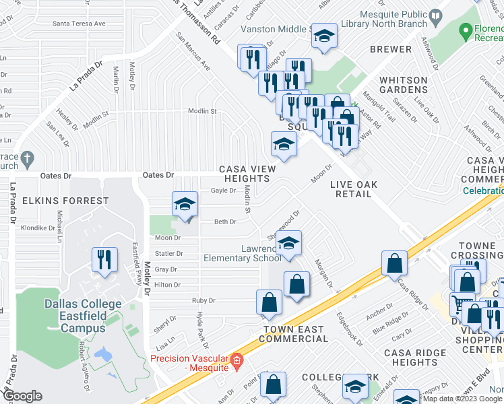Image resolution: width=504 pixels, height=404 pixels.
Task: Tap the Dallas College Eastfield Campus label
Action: click(x=75, y=315)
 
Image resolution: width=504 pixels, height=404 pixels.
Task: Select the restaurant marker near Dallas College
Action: click(x=104, y=259)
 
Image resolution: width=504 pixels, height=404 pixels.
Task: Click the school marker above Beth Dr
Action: click(x=184, y=205)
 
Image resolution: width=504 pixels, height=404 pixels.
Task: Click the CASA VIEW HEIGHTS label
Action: click(x=244, y=174)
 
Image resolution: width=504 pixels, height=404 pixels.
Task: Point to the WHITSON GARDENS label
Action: click(x=403, y=85)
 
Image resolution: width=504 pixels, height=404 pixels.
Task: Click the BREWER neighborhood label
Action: click(x=391, y=49)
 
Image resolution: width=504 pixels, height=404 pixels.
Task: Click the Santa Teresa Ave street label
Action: click(x=79, y=24)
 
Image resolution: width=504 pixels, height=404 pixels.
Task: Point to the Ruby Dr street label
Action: click(x=202, y=300)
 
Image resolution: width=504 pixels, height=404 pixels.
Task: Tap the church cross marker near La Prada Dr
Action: click(x=27, y=160)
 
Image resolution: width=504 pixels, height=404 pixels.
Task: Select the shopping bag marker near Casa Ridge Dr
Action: click(x=394, y=263)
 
